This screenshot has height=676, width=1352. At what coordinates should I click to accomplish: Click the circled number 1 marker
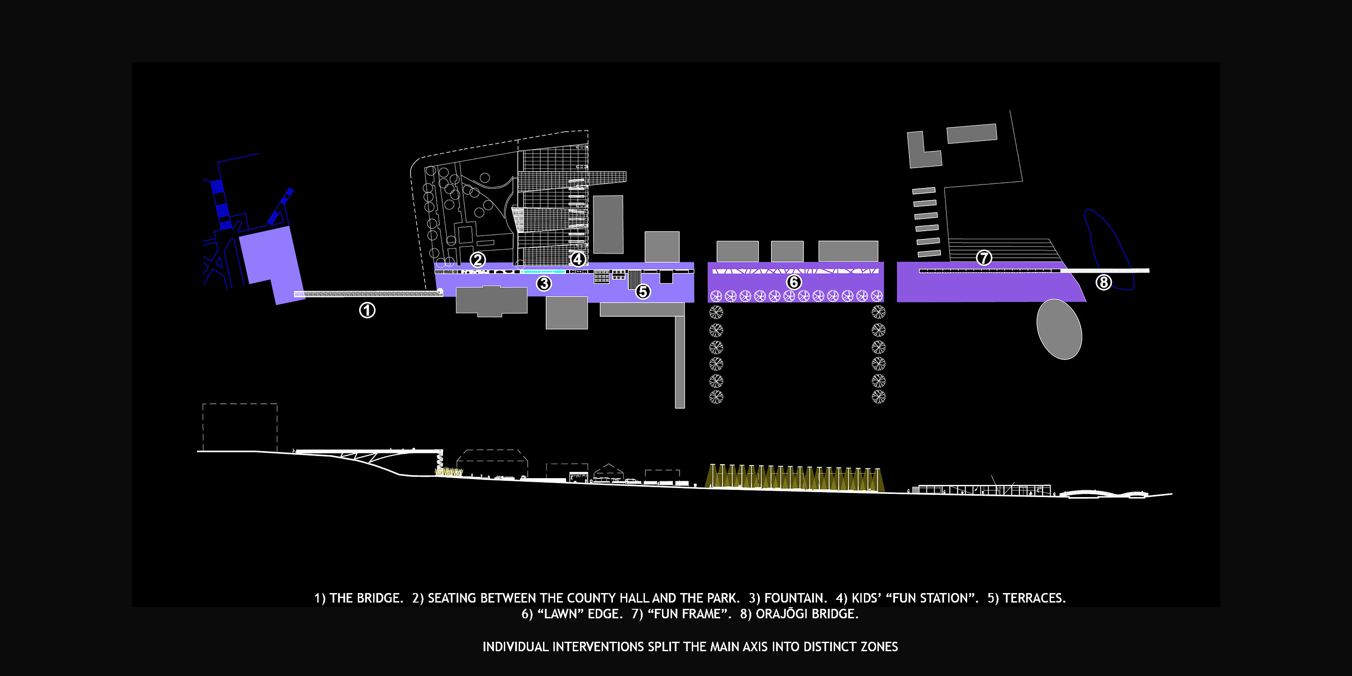[367, 311]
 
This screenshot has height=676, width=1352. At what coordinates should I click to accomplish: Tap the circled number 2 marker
[477, 260]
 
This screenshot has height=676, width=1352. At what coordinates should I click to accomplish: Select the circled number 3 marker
[544, 284]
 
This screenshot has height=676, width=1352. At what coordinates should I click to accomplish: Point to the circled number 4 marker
[578, 259]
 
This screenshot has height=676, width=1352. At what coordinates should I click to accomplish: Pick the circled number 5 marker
[643, 291]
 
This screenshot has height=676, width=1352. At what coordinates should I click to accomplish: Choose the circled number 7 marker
[983, 258]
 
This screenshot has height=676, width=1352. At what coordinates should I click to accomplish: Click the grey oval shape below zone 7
[1059, 329]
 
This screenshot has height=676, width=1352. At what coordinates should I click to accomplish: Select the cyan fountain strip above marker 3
[545, 271]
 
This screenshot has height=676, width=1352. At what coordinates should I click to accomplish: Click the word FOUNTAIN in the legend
[795, 598]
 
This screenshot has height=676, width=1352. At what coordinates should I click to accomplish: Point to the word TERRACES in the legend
[1034, 598]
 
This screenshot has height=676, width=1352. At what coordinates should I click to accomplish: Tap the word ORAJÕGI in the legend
[778, 613]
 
